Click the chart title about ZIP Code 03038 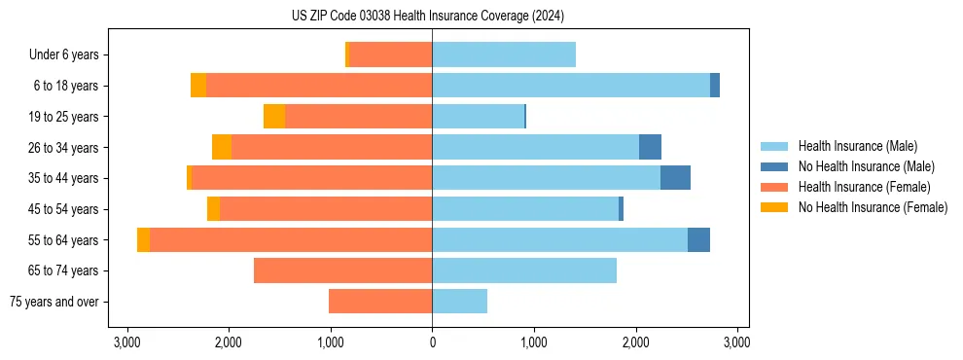427,17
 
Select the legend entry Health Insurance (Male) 857,146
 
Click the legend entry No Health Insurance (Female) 873,207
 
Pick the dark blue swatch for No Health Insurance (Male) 774,166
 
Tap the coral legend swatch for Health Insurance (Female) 774,187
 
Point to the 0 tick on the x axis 432,342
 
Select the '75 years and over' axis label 54,302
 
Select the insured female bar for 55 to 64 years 291,239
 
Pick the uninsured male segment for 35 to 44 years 675,178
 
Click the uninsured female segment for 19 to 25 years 274,117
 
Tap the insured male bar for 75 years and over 459,302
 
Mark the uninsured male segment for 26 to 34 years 650,147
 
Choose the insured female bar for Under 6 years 390,55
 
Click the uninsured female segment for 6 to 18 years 198,86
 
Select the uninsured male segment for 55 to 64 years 698,239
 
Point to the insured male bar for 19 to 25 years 478,117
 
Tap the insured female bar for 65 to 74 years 342,270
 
